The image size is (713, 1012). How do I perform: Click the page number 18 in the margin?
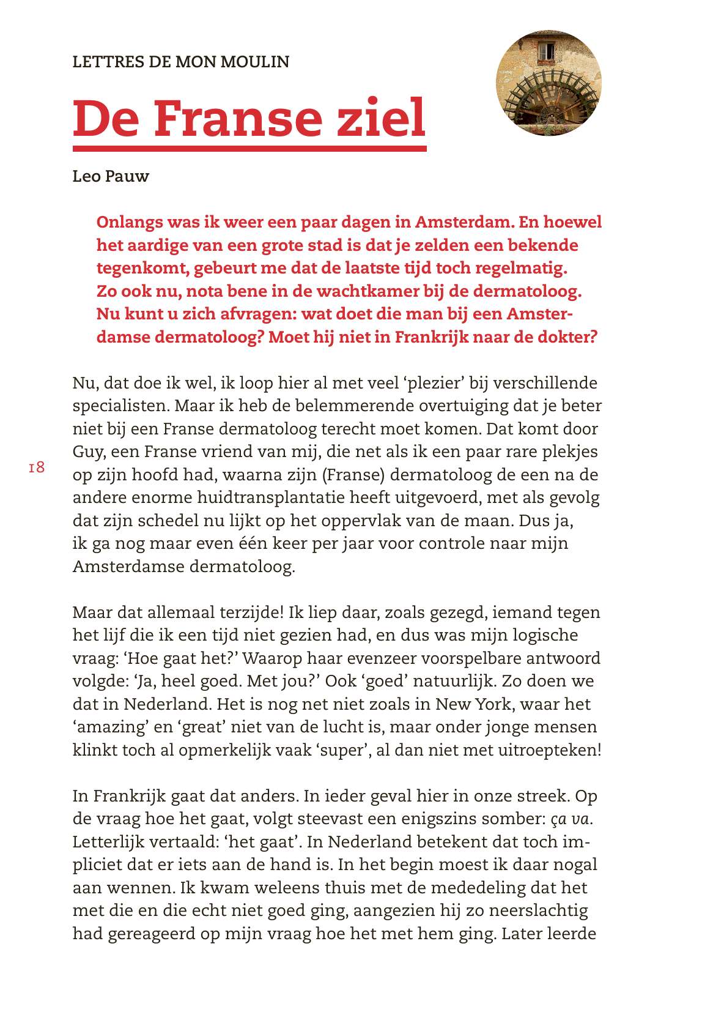click(x=37, y=468)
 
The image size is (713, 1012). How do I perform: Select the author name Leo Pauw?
click(x=111, y=177)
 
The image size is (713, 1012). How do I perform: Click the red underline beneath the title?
click(x=249, y=149)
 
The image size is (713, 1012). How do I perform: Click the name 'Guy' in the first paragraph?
click(x=87, y=452)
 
